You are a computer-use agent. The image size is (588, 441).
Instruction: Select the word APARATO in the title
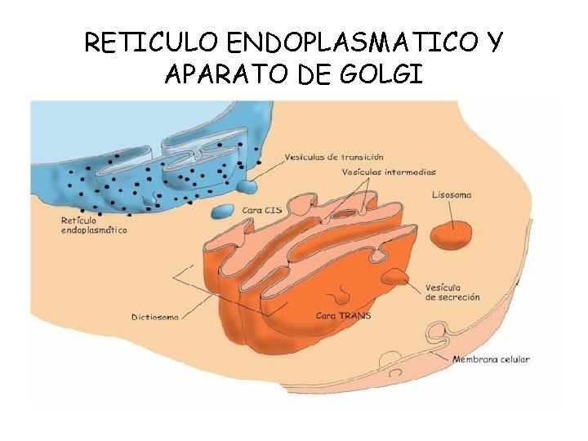tap(219, 75)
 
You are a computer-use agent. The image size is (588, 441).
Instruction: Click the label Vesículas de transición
tap(334, 157)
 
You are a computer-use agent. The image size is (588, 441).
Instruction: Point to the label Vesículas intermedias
tap(390, 172)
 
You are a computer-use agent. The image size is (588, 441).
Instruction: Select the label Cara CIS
tap(263, 210)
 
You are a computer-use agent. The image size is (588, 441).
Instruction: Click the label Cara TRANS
tap(343, 315)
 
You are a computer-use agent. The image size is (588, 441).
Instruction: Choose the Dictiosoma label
tap(154, 316)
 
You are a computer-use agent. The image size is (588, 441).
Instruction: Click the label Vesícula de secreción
tap(452, 292)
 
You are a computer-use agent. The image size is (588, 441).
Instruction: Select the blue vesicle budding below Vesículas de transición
tap(247, 187)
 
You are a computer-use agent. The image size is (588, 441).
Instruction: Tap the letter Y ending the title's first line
tap(493, 42)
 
